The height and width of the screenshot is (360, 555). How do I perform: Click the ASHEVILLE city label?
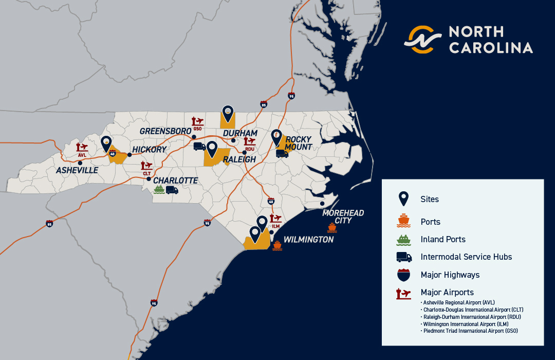click(x=77, y=170)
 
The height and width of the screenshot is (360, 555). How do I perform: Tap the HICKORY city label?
click(x=149, y=150)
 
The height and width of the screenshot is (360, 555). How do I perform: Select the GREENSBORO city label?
click(x=165, y=131)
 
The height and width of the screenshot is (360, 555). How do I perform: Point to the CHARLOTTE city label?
click(x=175, y=181)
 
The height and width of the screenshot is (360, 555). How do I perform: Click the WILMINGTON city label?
click(x=308, y=240)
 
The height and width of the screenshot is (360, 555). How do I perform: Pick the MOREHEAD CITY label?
click(x=343, y=217)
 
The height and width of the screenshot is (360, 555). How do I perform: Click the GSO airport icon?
click(x=197, y=122)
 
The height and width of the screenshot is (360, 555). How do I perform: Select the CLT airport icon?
click(x=147, y=166)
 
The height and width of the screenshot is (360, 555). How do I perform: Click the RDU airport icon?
click(x=250, y=142)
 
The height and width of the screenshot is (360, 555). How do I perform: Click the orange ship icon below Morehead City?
click(x=331, y=227)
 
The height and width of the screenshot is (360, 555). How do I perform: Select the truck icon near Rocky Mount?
click(x=282, y=153)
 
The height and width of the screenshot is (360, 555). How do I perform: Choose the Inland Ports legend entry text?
click(x=442, y=239)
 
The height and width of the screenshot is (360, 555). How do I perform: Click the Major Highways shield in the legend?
click(x=404, y=275)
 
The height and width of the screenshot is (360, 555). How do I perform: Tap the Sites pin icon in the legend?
click(x=404, y=199)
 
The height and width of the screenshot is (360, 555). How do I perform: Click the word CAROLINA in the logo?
click(x=491, y=48)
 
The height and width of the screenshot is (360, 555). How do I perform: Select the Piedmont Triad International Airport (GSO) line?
click(x=470, y=332)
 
